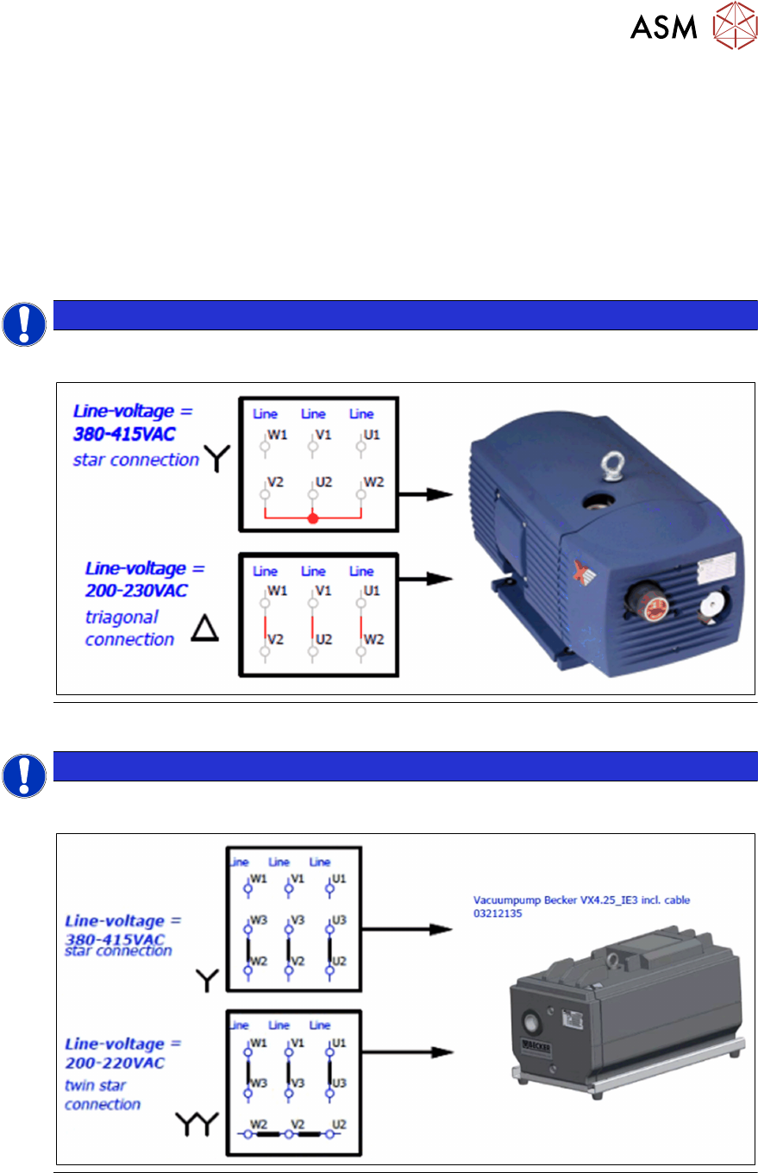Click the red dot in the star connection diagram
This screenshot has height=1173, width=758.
[x=313, y=519]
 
